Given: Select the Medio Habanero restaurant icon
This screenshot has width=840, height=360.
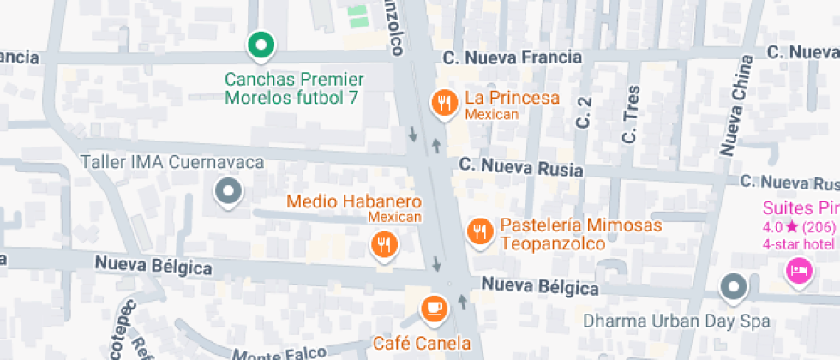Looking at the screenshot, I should click(x=384, y=245).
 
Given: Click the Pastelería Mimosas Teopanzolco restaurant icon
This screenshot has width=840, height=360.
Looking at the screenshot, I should click(x=479, y=231).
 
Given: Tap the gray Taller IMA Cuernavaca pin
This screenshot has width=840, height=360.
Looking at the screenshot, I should click(x=227, y=192).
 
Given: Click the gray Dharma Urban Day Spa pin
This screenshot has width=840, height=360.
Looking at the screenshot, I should click(x=733, y=288).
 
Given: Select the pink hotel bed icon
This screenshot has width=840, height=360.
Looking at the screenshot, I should click(x=798, y=272).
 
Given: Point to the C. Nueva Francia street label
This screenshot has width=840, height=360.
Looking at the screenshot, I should click(x=513, y=58).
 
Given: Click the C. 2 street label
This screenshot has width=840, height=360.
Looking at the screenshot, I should click(x=585, y=112).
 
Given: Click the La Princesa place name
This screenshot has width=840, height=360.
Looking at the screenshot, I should click(x=512, y=98).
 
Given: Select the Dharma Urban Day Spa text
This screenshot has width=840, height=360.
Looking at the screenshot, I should click(x=676, y=322).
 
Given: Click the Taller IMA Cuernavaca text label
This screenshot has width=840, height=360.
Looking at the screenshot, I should click(x=171, y=162).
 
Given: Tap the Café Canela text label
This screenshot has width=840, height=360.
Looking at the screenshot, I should click(x=422, y=344).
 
